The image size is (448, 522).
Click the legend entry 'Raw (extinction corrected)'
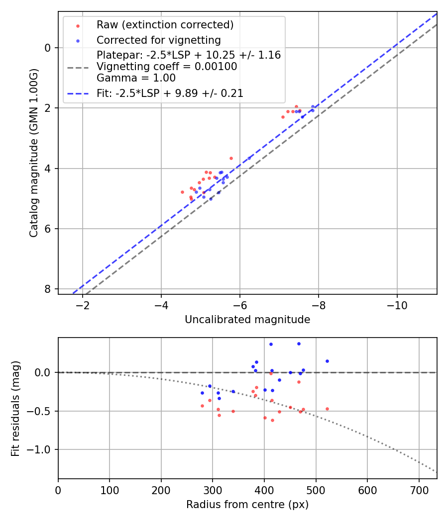click(x=165, y=25)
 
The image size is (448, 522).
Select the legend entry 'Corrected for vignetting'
click(x=158, y=40)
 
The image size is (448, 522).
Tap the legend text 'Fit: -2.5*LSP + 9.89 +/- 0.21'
click(x=170, y=93)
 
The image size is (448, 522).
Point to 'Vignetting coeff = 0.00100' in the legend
click(x=167, y=67)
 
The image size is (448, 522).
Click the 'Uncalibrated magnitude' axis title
click(x=247, y=320)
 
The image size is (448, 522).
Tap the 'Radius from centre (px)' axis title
click(x=247, y=505)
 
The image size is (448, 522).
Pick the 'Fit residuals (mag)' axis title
click(x=15, y=408)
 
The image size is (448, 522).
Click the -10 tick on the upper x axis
click(x=397, y=304)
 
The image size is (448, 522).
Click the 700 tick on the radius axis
click(x=419, y=489)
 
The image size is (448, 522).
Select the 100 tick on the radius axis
click(x=110, y=489)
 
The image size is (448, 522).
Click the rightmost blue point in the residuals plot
click(x=327, y=361)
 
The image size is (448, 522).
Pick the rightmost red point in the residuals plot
click(x=327, y=409)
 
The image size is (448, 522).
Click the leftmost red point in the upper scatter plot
click(x=182, y=192)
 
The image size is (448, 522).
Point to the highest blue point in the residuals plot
click(x=299, y=344)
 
